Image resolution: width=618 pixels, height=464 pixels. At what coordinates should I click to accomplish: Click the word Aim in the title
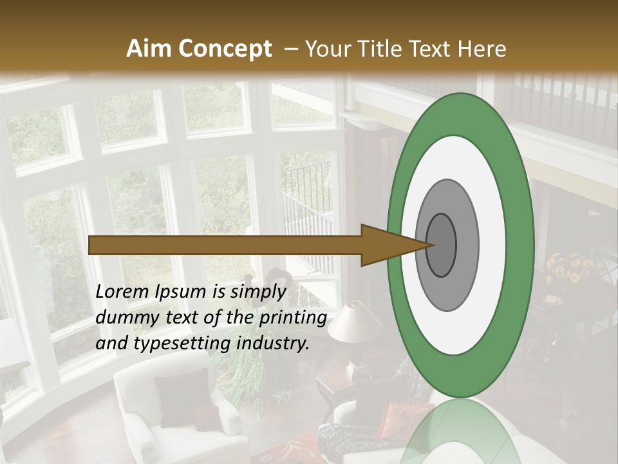click(149, 49)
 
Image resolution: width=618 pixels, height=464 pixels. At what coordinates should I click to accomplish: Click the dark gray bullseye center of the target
click(442, 245)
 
